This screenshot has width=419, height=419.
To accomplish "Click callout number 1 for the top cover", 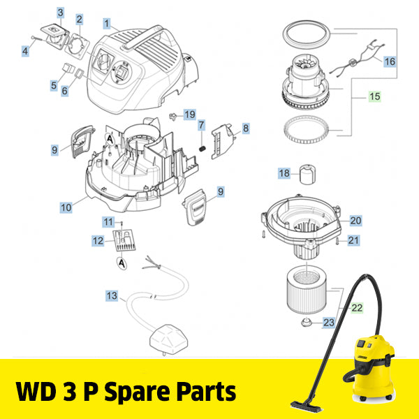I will (107, 23).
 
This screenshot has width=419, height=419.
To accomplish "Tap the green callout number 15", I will (375, 97).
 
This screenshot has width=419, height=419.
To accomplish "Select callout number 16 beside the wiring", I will (389, 61).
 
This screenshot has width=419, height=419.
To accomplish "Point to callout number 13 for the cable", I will (112, 296).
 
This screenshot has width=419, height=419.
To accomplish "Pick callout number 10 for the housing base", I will (66, 207).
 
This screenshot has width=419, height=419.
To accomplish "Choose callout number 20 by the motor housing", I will (355, 221).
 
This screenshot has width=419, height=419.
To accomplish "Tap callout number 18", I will (284, 173).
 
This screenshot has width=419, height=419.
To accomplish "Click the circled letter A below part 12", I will (122, 263).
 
